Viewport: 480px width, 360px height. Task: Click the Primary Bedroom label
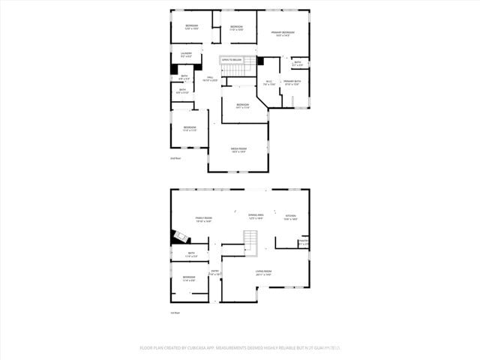[283, 33]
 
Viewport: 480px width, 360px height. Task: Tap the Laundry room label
[186, 54]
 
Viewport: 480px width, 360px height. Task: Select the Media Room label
[238, 149]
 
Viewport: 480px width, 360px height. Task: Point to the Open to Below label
[232, 59]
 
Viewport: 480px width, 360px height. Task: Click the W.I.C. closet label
[268, 82]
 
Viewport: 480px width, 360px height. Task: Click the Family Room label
[204, 219]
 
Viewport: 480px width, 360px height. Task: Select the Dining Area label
[256, 216]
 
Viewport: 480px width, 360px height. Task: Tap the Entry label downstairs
[214, 272]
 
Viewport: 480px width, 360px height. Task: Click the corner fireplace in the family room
[178, 236]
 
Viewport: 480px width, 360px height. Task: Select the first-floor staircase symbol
[250, 240]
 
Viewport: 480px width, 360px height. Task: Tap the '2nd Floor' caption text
[175, 158]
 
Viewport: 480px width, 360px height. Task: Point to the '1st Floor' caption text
[175, 313]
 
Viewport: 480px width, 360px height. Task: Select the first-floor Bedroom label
[189, 278]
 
